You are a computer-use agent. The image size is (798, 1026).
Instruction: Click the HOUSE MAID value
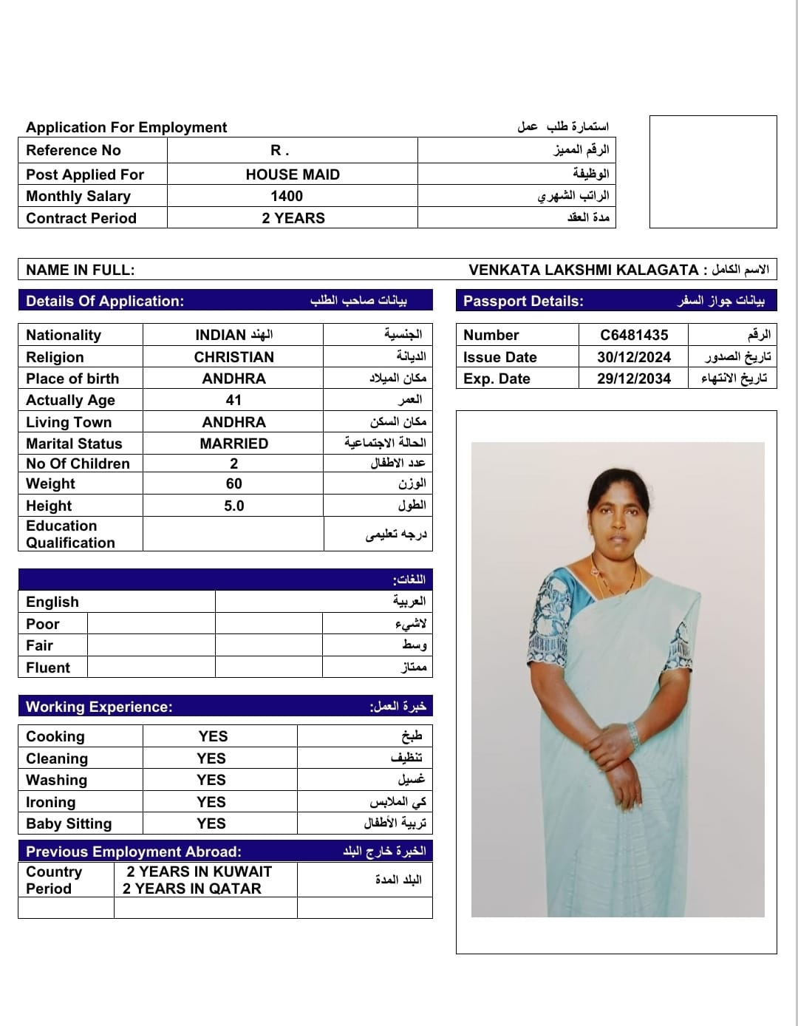click(x=293, y=174)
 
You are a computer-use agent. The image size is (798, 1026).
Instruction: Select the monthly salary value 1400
click(x=287, y=196)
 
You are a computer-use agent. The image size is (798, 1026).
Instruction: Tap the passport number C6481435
click(x=634, y=335)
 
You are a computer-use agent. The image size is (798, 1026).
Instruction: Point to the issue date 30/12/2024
click(x=634, y=357)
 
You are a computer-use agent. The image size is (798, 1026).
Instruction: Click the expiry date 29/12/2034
click(x=634, y=378)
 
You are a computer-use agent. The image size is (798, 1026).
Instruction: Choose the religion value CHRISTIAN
click(x=233, y=357)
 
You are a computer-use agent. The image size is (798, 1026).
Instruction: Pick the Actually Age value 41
click(x=233, y=400)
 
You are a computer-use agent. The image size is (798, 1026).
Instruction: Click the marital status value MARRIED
click(x=233, y=444)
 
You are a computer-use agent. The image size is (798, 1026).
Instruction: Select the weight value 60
click(x=233, y=483)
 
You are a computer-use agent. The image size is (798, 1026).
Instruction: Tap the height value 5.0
click(x=233, y=506)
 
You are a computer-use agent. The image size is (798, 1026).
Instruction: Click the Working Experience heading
click(x=99, y=707)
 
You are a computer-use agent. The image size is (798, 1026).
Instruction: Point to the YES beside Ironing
click(x=211, y=802)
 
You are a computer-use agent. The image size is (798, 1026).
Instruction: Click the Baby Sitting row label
click(x=69, y=823)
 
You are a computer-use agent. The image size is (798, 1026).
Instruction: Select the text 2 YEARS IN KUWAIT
click(x=199, y=872)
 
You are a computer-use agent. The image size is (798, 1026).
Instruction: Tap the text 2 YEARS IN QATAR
click(x=192, y=889)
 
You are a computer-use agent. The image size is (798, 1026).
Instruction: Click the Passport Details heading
click(x=523, y=301)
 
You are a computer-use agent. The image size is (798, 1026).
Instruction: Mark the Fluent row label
click(x=48, y=667)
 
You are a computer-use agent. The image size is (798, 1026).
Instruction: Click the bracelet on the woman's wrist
click(x=632, y=733)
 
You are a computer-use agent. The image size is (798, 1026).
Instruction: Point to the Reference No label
click(x=73, y=150)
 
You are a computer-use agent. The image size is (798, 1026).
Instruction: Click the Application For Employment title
click(x=126, y=127)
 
